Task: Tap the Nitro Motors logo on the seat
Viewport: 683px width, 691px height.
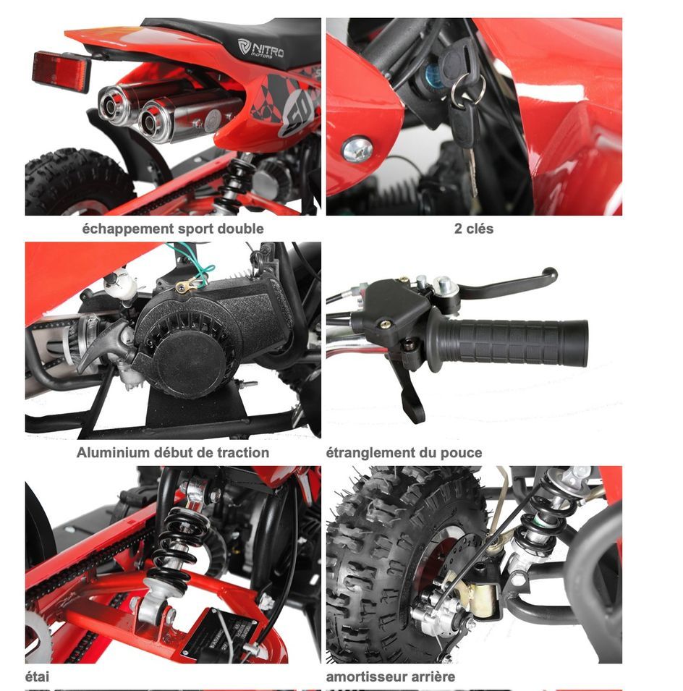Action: (x=260, y=48)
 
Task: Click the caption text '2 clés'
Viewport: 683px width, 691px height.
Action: (x=474, y=228)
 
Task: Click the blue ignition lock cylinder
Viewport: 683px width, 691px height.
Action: (x=433, y=72)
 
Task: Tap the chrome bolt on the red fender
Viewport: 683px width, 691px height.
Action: (x=357, y=149)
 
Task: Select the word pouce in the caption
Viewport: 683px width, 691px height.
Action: (x=462, y=453)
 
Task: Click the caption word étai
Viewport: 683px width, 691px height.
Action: (x=37, y=677)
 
